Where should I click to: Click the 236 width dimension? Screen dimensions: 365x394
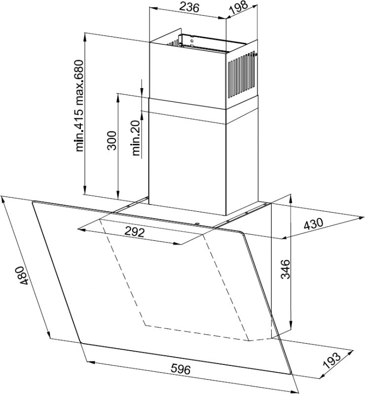coord(189,7)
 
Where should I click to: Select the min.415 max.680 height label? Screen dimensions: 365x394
coord(79,106)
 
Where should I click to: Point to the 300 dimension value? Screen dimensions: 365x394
coord(112,140)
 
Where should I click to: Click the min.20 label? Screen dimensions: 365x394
coord(136,138)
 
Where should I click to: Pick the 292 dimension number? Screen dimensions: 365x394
coord(135,232)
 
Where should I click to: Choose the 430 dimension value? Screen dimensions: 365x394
coord(313,224)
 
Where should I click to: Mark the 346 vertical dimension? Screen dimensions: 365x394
coord(286,269)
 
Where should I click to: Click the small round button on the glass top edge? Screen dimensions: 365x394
coord(197,223)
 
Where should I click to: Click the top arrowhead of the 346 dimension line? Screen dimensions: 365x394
coord(291,198)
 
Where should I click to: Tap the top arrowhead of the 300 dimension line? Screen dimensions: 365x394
coord(117,98)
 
